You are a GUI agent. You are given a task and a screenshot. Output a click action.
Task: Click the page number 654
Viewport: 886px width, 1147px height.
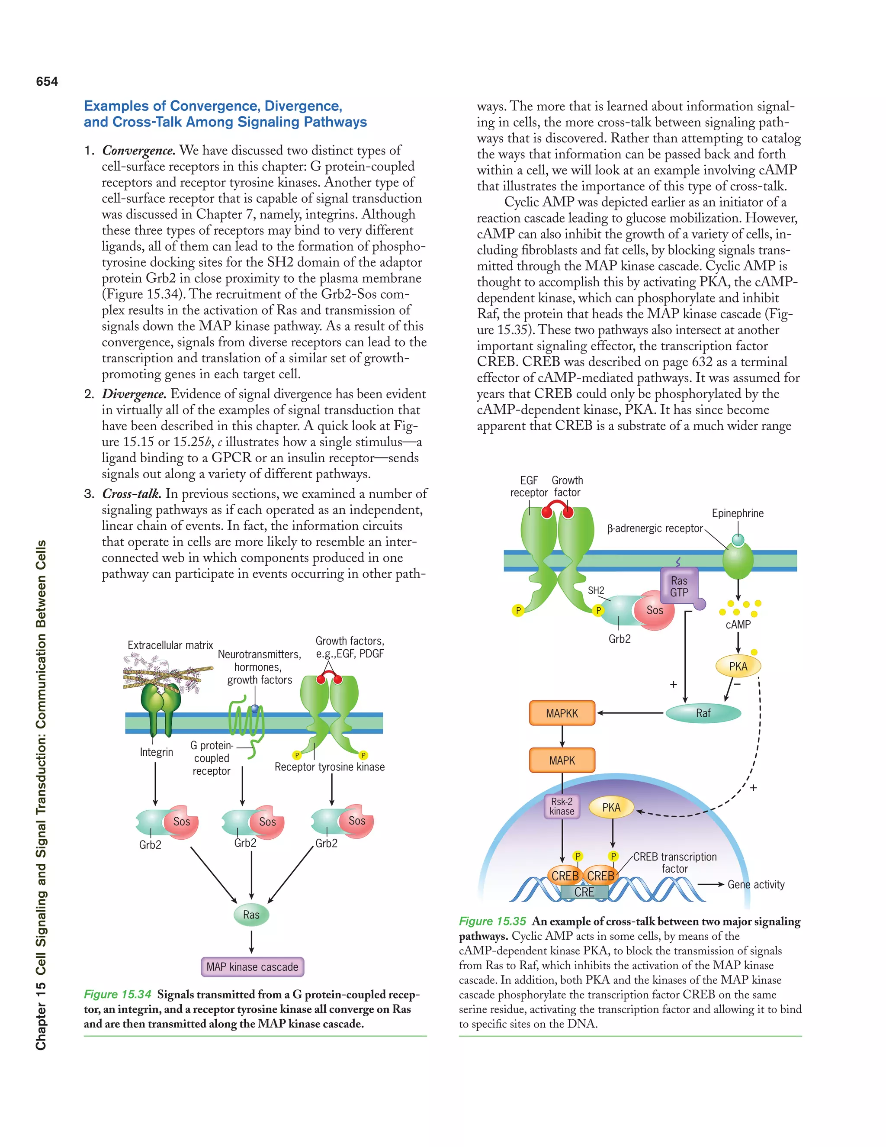[x=47, y=81]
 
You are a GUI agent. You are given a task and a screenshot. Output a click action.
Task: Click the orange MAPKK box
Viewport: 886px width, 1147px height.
[x=562, y=713]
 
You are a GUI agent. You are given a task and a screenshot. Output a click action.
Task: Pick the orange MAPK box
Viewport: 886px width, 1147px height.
[x=562, y=760]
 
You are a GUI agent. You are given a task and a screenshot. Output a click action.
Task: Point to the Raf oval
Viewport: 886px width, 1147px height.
[x=703, y=713]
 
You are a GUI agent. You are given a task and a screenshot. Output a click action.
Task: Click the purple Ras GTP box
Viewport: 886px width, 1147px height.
[x=679, y=586]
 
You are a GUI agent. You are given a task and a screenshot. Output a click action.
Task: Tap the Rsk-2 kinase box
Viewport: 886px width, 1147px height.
[x=562, y=806]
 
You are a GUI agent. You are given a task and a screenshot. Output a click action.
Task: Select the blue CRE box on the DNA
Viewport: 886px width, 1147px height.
[x=584, y=892]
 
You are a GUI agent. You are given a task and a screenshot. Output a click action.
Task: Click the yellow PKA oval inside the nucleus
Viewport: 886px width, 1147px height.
[x=611, y=807]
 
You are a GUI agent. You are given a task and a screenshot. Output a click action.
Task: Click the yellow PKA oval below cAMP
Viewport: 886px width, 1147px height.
[x=738, y=666]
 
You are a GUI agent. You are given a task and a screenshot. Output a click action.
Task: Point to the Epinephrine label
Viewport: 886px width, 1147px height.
[x=738, y=513]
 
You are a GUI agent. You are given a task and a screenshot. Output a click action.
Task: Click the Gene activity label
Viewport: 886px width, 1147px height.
[x=756, y=884]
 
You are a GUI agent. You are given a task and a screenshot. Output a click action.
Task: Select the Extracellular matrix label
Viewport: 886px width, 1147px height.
[x=170, y=645]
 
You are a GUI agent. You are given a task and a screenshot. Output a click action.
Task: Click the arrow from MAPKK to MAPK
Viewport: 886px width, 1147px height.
[x=562, y=736]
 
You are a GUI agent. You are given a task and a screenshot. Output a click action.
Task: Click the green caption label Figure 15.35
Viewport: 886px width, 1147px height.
[x=492, y=921]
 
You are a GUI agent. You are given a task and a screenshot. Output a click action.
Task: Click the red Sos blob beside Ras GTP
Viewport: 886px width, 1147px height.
[x=655, y=610]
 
